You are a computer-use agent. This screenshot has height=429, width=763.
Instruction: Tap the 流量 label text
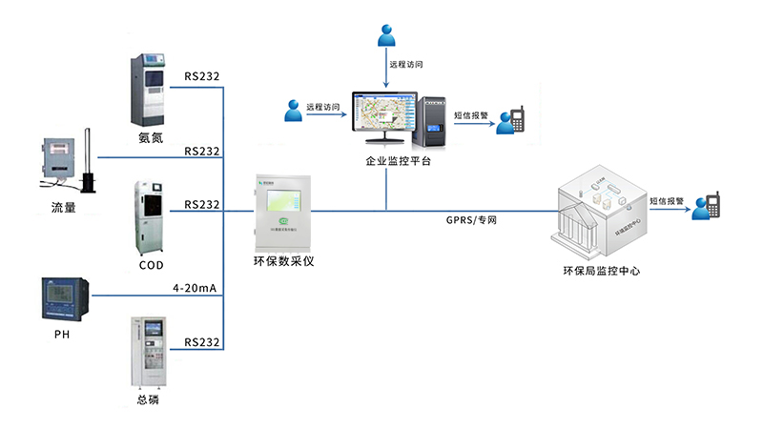[x=64, y=207]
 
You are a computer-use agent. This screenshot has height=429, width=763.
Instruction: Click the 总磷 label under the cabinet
[x=148, y=400]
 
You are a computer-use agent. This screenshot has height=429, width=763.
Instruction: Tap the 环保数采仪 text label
[x=283, y=260]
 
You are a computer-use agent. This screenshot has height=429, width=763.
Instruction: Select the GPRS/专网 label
[x=471, y=220]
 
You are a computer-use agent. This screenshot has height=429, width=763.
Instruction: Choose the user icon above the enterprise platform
[x=385, y=35]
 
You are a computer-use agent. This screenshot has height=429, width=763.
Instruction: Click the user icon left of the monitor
[x=294, y=111]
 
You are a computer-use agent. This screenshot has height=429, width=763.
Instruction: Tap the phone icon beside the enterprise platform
[x=518, y=119]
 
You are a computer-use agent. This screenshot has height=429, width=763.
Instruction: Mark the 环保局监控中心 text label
[x=601, y=271]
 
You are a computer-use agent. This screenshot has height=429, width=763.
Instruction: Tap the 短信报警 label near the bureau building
[x=666, y=200]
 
